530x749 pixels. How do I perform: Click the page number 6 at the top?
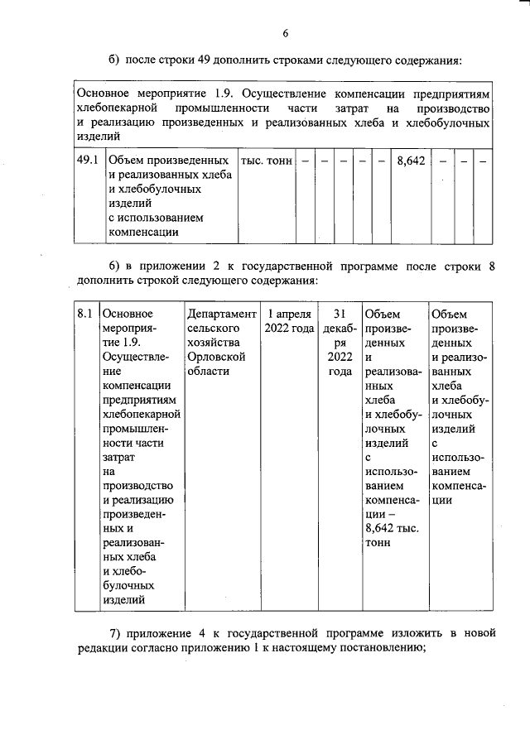click(284, 33)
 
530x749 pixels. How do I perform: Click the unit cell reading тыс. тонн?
click(266, 160)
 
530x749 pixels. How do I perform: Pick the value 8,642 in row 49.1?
click(411, 160)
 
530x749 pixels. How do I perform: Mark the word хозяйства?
click(214, 343)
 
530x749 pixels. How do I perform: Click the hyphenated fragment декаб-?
click(338, 329)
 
